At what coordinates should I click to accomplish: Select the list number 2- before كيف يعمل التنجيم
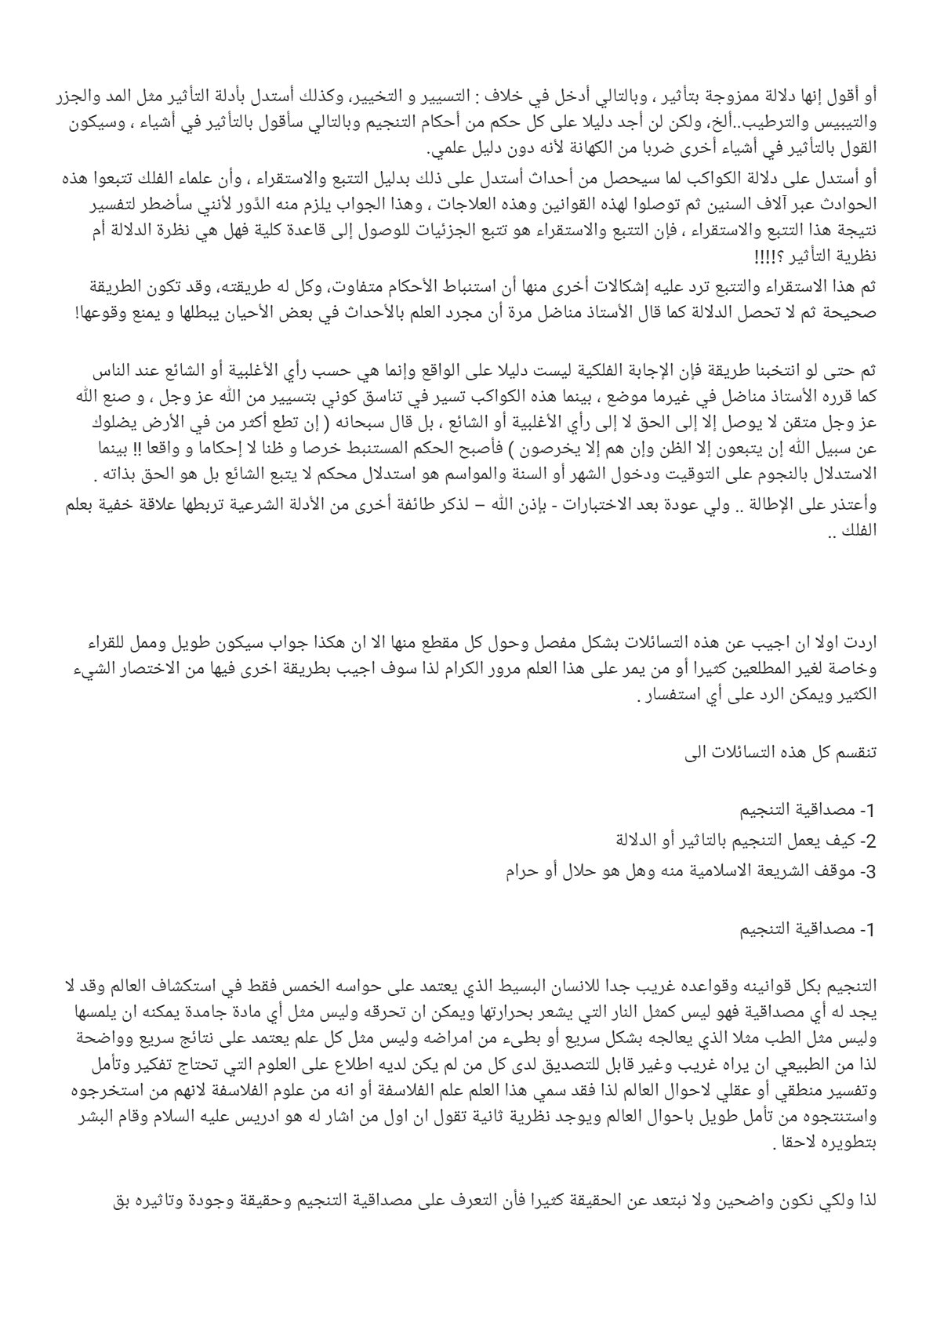click(x=864, y=841)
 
